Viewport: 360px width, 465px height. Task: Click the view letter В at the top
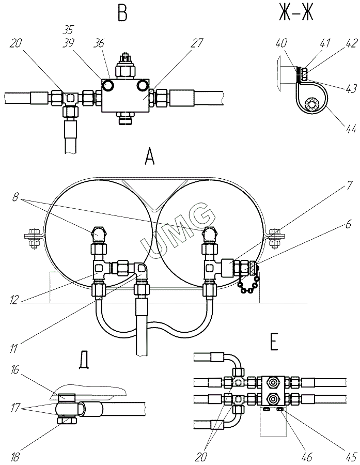122,12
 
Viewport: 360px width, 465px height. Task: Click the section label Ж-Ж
296,12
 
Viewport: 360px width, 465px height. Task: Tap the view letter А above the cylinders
150,156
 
